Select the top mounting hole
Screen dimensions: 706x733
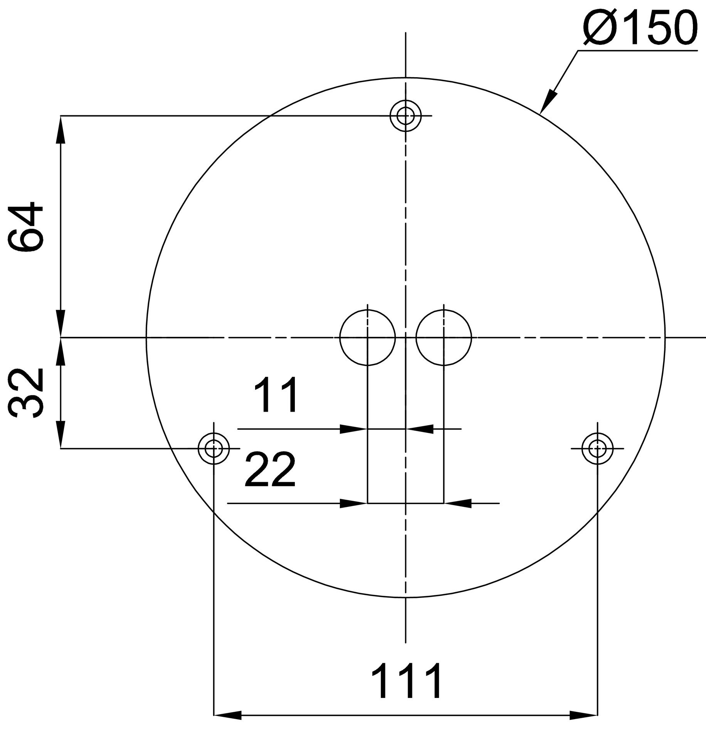click(x=405, y=115)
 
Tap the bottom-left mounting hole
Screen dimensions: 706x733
click(x=213, y=448)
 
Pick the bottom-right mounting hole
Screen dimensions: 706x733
click(x=597, y=448)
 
